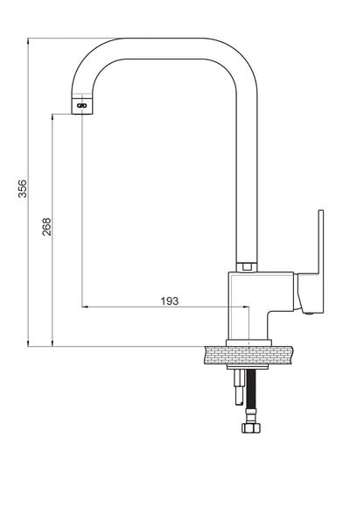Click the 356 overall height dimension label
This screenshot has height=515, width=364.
coord(23,188)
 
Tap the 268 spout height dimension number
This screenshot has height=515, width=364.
coord(46,227)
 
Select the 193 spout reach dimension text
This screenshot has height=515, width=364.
coord(170,301)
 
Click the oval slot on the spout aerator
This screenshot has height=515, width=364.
coord(81,106)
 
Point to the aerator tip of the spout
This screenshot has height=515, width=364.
coord(82,103)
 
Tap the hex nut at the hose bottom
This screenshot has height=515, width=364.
coord(251,427)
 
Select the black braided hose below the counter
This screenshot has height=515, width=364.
coord(251,389)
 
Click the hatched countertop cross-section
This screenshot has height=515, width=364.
coord(248,355)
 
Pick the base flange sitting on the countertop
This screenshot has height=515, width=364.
coord(248,342)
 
